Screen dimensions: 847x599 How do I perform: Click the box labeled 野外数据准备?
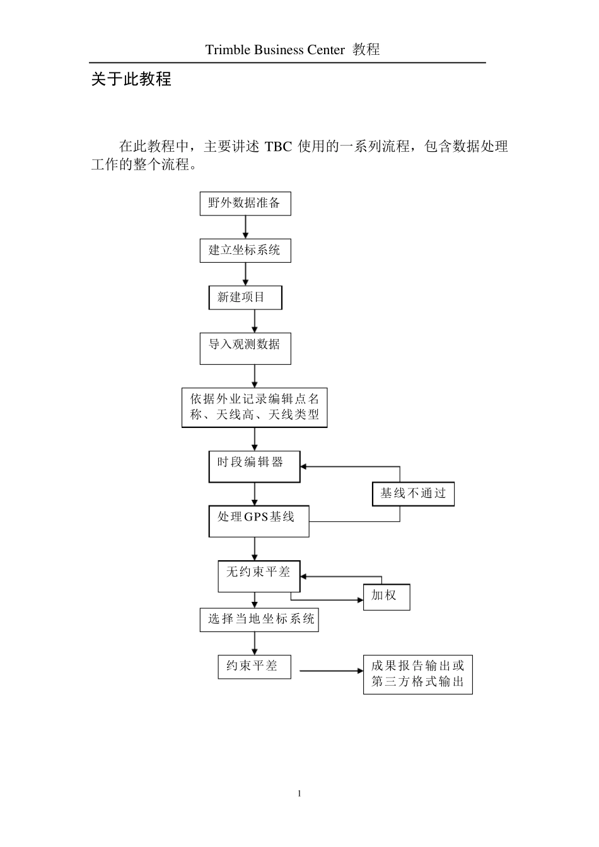tap(245, 204)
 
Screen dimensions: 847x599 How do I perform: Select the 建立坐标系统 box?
tap(245, 250)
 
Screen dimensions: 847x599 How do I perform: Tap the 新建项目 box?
tap(245, 297)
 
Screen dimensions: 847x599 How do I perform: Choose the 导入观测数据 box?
tap(245, 348)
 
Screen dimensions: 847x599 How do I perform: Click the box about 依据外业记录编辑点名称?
tap(255, 407)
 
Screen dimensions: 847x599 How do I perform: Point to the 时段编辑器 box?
tap(254, 466)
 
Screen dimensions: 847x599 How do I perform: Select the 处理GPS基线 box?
tap(259, 521)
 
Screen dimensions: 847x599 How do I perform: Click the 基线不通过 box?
tap(413, 493)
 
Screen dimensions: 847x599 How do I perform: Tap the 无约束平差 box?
tap(259, 576)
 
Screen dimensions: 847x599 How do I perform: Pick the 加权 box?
tap(387, 597)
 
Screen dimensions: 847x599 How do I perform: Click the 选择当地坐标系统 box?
tap(259, 619)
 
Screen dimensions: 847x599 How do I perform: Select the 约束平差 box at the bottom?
tap(254, 666)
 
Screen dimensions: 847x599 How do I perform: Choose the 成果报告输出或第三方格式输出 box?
tap(417, 674)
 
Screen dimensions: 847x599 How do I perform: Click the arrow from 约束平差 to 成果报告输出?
tap(331, 671)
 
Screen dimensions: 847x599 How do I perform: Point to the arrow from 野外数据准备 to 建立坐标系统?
tap(245, 227)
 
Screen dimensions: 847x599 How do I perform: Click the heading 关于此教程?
tap(131, 79)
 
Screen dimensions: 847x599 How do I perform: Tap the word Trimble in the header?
tap(228, 50)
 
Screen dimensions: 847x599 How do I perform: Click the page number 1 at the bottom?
tap(299, 793)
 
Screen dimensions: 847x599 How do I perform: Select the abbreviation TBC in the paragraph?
tap(278, 147)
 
